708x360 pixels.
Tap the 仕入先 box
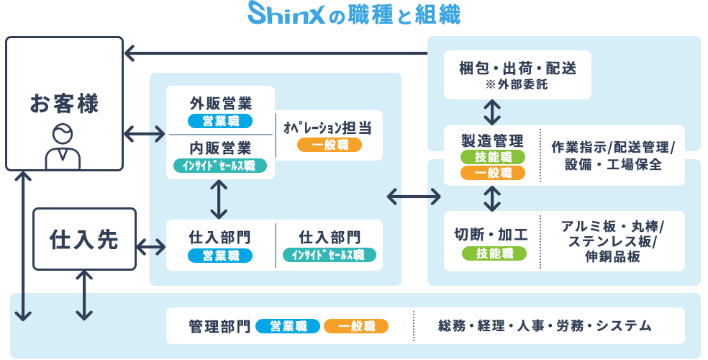pos(84,239)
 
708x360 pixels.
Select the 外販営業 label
pos(220,102)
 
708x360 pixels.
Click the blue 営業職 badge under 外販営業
pos(220,120)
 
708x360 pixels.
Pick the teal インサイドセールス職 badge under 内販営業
pos(220,166)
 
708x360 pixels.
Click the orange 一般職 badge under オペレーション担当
pos(329,145)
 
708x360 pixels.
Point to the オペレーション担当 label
pos(328,127)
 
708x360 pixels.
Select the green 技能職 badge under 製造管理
pos(493,157)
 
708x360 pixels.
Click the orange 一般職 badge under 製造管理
pos(493,173)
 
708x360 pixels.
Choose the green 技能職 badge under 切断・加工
pos(493,253)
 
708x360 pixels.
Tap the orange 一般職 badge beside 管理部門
pos(355,326)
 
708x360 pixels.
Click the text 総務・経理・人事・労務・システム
pos(545,326)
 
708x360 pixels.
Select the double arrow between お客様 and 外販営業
pos(144,133)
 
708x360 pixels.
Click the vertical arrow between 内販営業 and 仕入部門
pos(219,199)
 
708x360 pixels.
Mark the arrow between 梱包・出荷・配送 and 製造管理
pos(493,112)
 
